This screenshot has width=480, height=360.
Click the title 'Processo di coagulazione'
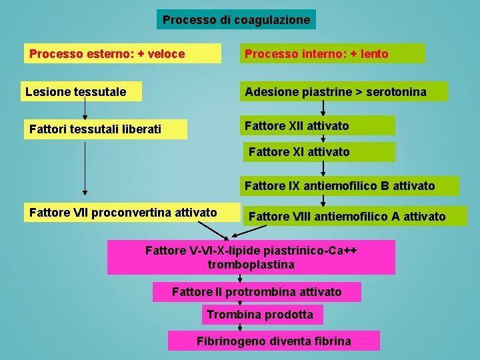[x=236, y=20]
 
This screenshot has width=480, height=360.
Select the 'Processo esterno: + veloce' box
[x=123, y=53]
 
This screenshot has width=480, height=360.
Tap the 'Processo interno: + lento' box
[x=332, y=53]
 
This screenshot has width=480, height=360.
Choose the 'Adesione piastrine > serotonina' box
[x=343, y=91]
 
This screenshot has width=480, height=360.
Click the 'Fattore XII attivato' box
[x=317, y=125]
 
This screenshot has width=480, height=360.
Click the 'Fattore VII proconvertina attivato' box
[x=131, y=213]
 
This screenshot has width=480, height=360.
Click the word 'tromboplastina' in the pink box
[x=251, y=265]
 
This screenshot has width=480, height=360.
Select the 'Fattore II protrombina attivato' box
[x=257, y=292]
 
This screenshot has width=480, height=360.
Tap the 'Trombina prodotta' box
[x=261, y=314]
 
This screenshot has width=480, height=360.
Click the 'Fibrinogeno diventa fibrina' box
[x=273, y=341]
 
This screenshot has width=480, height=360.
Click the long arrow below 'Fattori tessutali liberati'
[x=85, y=167]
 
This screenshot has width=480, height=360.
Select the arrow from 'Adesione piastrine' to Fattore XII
[x=323, y=108]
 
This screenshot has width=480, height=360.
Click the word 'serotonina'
[x=393, y=91]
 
